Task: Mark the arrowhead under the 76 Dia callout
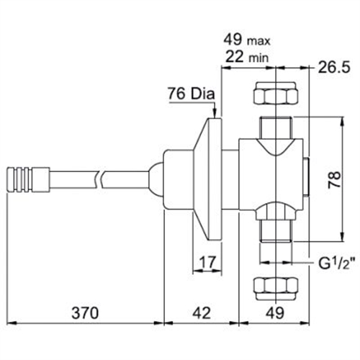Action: (x=215, y=112)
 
